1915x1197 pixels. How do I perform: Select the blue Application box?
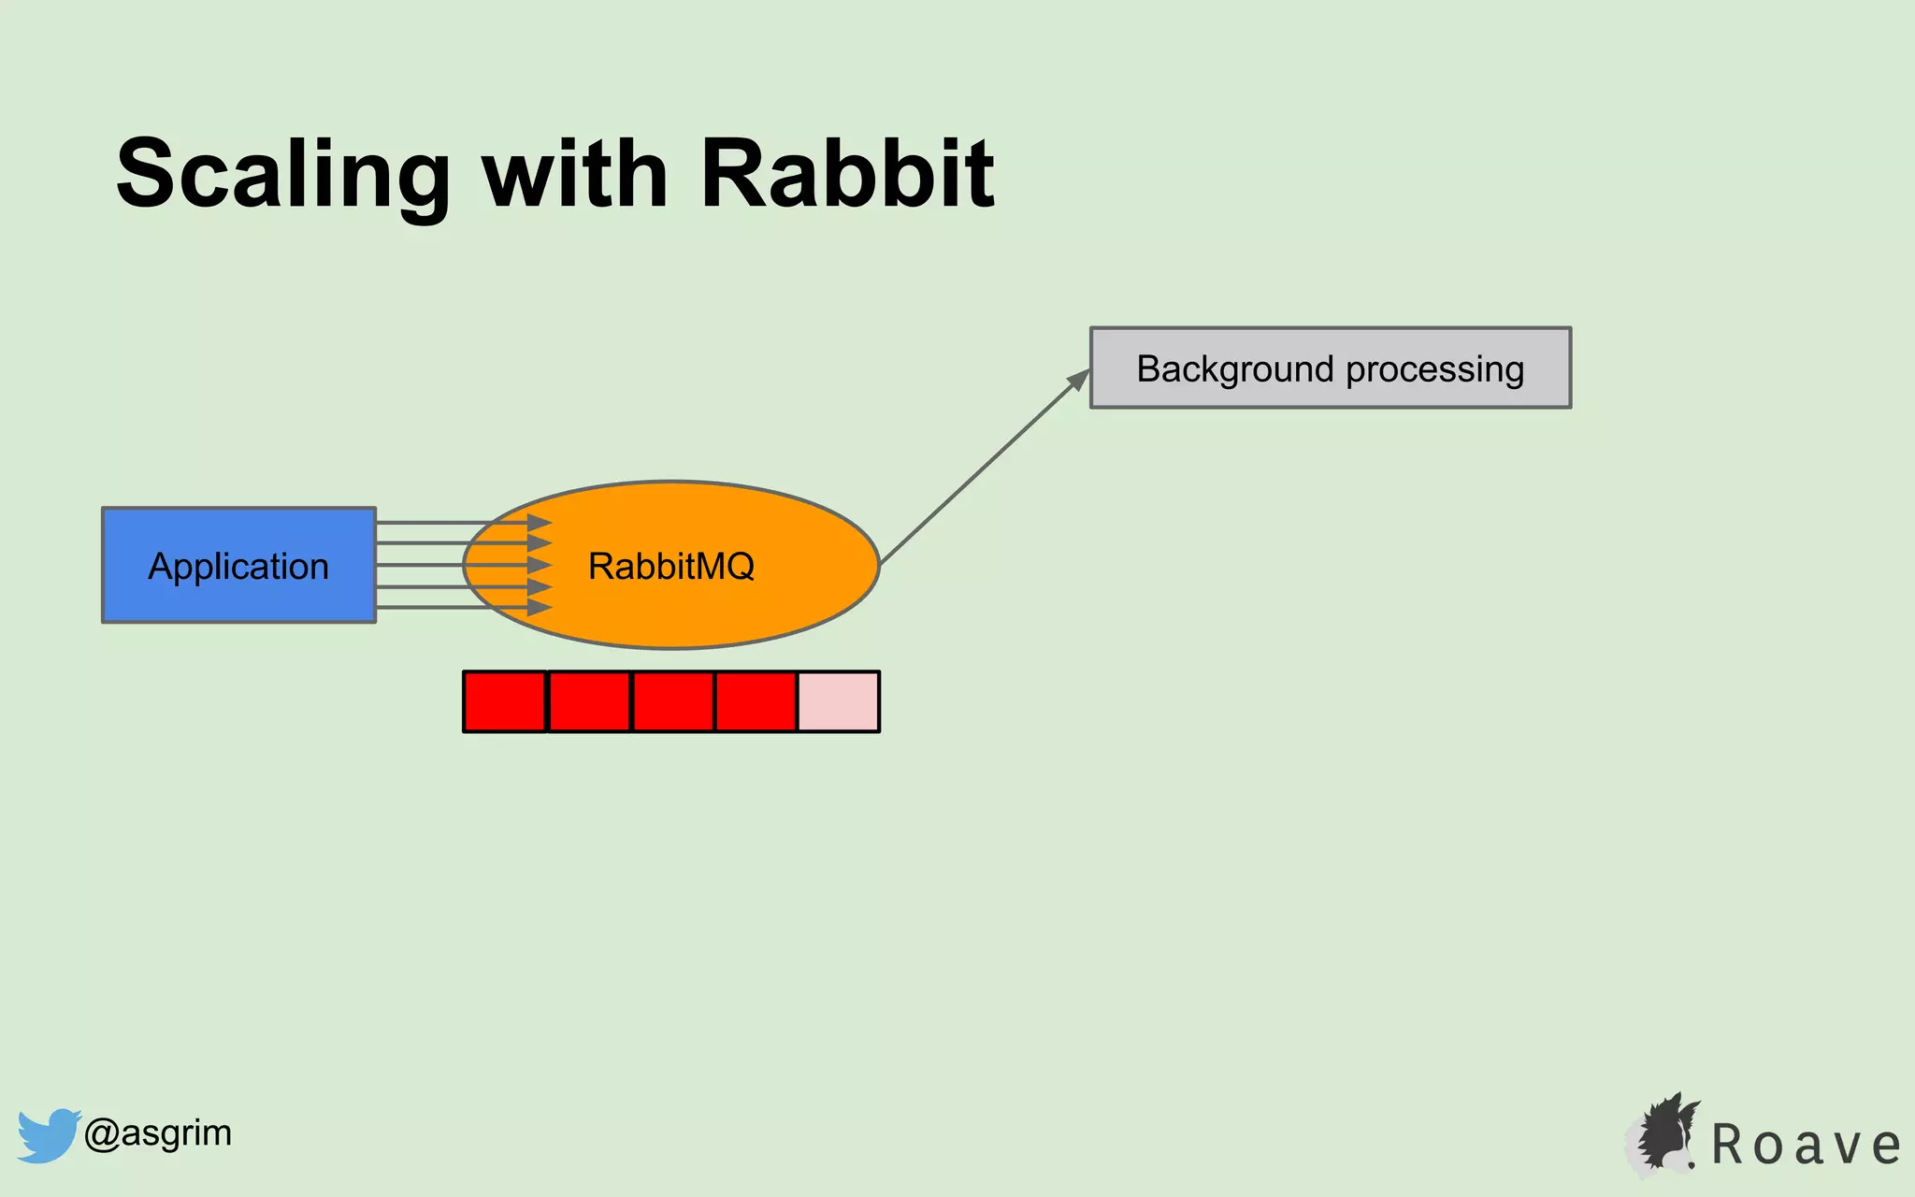coord(238,565)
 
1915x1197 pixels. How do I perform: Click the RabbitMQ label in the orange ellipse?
coord(670,566)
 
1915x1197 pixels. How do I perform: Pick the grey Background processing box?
coord(1330,368)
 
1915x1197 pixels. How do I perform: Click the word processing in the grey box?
coord(1434,369)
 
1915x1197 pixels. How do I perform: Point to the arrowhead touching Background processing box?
coord(1081,378)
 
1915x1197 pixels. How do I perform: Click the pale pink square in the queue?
coord(838,701)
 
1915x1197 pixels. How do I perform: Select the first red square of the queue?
coord(505,701)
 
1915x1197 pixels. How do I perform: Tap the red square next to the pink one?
coord(756,701)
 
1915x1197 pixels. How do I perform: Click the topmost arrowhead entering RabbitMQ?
coord(540,523)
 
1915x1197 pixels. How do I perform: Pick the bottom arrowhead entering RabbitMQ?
coord(540,608)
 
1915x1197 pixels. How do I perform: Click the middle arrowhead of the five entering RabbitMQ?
coord(540,565)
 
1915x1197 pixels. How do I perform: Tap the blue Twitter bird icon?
coord(48,1134)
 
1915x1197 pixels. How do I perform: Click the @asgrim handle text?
coord(157,1133)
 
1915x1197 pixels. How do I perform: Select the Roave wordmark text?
coord(1806,1145)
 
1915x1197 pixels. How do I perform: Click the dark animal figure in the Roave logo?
coord(1665,1132)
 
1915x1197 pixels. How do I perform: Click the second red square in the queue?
coord(589,701)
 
